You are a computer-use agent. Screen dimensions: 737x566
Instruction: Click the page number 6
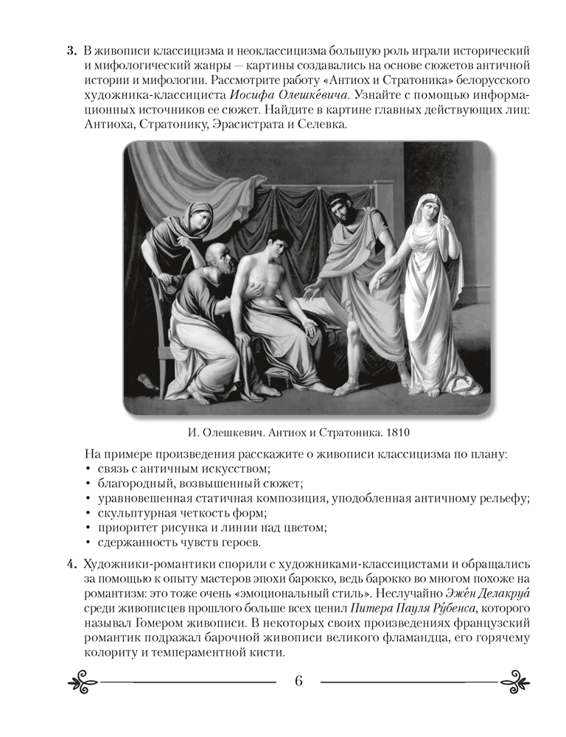pos(298,680)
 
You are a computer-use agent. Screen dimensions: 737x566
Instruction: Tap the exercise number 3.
pos(71,50)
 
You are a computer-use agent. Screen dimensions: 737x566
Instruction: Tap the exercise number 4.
pos(71,565)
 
